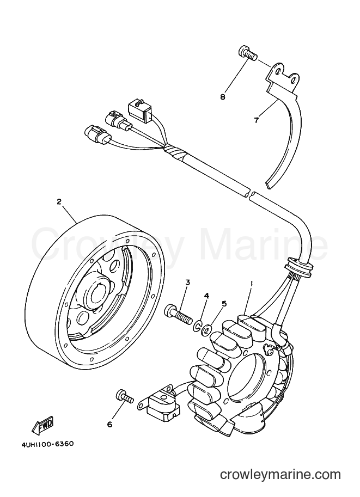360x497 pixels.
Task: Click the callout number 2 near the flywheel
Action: tap(59, 201)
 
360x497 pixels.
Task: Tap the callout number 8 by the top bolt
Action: tap(223, 97)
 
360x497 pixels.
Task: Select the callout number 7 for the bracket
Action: tap(257, 120)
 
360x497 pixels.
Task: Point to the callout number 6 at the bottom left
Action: tap(110, 425)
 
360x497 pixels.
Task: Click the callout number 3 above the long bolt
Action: tap(187, 282)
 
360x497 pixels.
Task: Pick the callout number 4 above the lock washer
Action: tap(207, 296)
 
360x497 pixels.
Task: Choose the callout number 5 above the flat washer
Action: tap(224, 304)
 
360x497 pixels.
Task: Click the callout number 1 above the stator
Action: tap(252, 285)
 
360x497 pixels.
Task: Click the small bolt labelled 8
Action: tap(246, 53)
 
